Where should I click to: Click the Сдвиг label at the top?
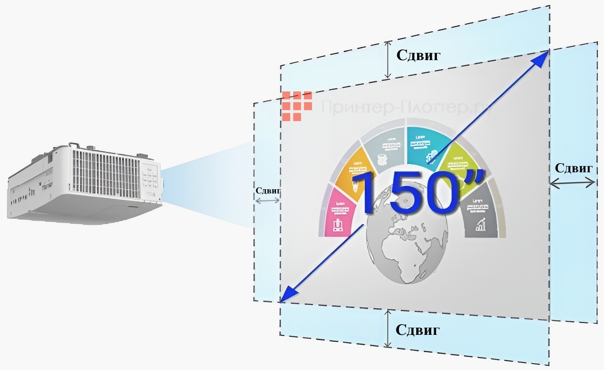tap(418, 55)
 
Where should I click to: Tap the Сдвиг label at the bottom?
tap(418, 330)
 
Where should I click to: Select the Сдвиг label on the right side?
tap(573, 168)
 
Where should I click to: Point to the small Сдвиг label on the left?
tap(268, 191)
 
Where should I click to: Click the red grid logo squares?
tap(297, 106)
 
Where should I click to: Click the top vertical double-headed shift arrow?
tap(387, 60)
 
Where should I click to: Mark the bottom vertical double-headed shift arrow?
tap(387, 328)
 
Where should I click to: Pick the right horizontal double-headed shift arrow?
tap(573, 183)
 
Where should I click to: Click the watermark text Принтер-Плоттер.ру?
tap(407, 108)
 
